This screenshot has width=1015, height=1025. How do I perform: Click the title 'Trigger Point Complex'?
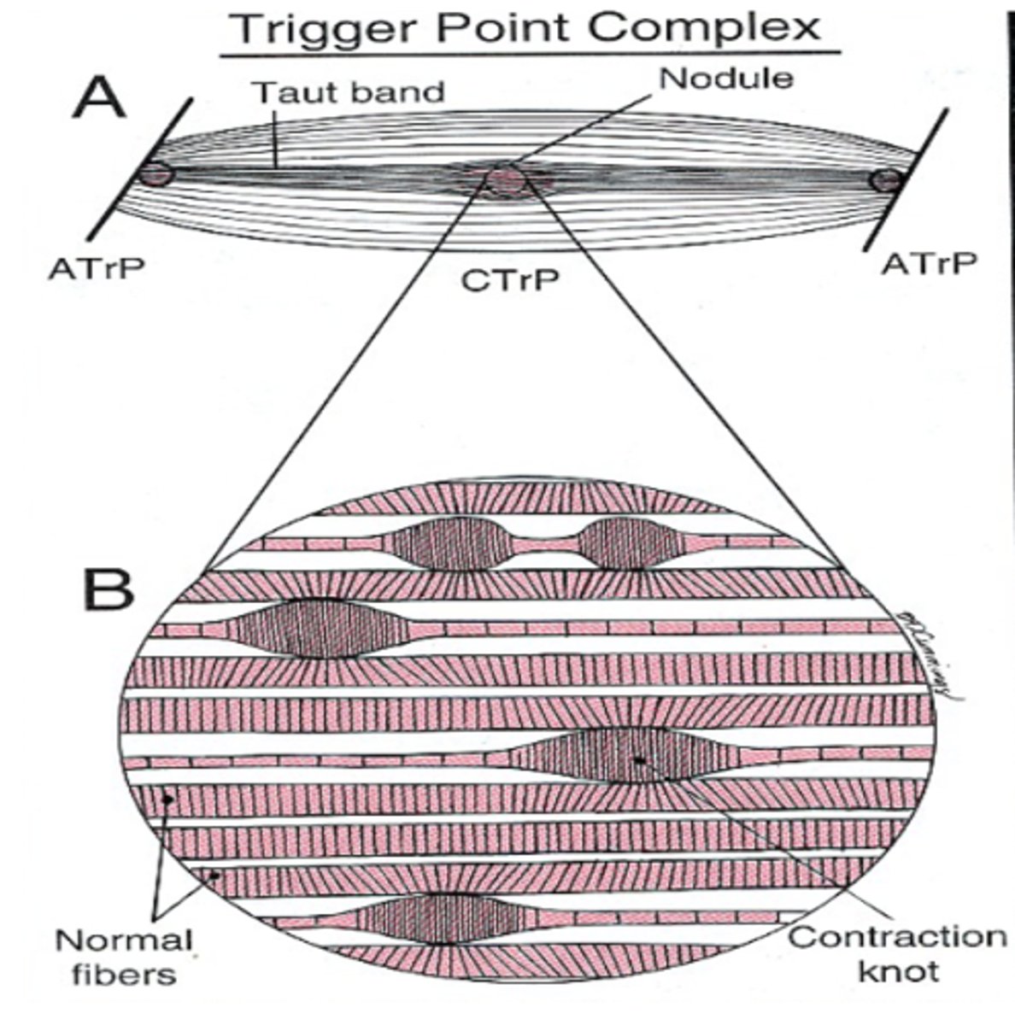point(528,27)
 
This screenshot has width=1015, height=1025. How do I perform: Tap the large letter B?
point(108,587)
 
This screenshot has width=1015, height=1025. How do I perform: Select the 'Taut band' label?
point(349,91)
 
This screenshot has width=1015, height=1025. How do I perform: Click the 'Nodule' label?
point(726,78)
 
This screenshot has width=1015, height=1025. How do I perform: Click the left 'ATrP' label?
point(96,267)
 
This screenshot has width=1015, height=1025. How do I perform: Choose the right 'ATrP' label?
point(928,264)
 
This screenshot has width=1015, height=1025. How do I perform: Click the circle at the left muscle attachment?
point(157,174)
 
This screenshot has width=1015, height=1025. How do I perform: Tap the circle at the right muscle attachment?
point(887,181)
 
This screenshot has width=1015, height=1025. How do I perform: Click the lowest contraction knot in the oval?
point(438,918)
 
